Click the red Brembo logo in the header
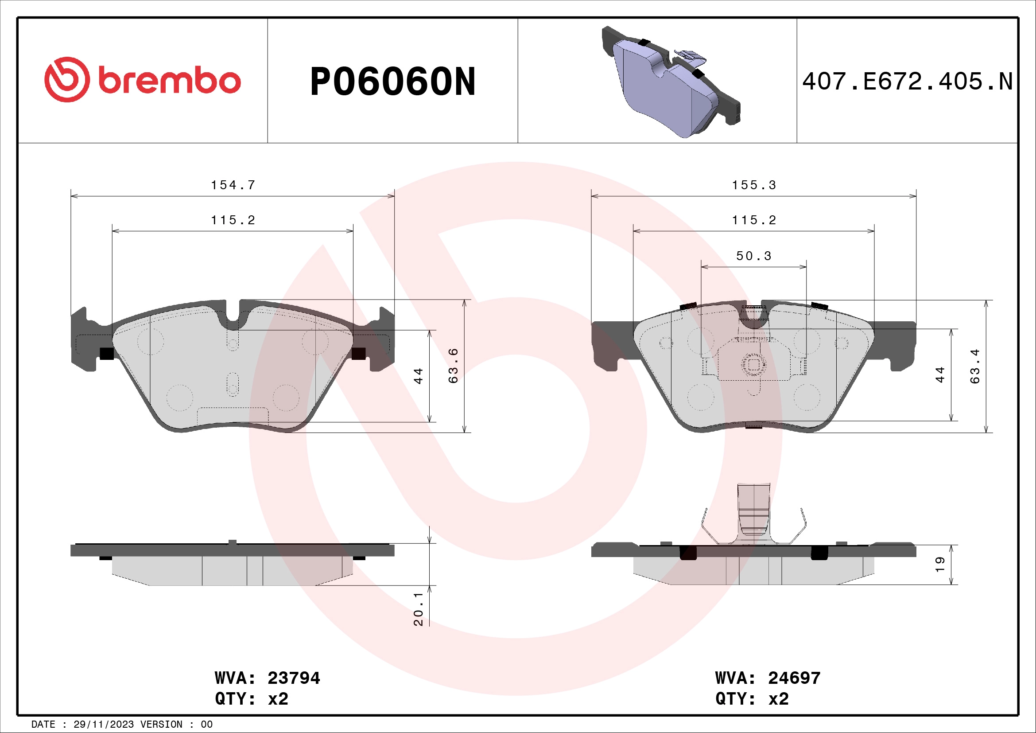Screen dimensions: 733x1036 [142, 80]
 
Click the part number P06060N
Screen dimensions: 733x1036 [392, 82]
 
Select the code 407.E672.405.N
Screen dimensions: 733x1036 [907, 82]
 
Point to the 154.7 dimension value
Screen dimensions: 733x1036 [233, 185]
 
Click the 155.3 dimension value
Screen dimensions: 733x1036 [753, 185]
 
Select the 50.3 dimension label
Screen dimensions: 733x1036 [753, 256]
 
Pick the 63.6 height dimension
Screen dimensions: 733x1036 [453, 366]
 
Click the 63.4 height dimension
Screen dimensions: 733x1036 [975, 366]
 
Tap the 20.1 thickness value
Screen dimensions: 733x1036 [418, 609]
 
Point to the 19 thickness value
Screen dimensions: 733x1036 [940, 565]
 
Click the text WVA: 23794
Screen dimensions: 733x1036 [267, 678]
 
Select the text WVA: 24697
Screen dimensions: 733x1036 [768, 678]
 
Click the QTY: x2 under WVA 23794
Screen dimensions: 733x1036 [251, 699]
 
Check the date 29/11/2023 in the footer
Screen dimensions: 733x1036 [103, 725]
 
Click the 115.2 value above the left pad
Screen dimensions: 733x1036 [233, 220]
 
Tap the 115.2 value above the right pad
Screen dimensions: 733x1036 [753, 220]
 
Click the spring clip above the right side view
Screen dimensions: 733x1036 [753, 515]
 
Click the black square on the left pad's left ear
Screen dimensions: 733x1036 [106, 353]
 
